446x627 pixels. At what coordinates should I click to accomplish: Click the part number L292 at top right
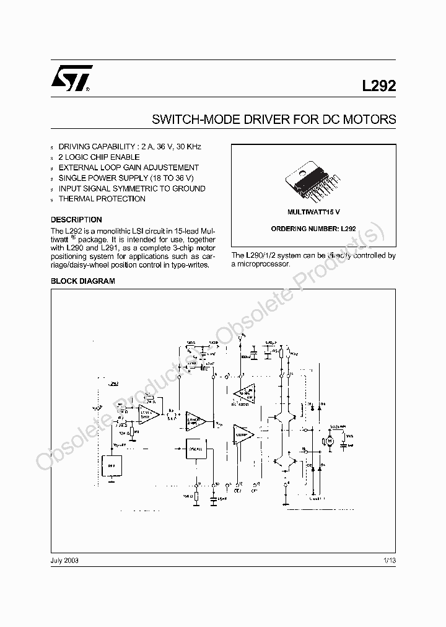[x=378, y=88]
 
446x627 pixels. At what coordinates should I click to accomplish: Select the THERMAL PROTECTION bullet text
[x=102, y=199]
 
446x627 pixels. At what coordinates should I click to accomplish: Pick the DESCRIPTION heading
[x=76, y=220]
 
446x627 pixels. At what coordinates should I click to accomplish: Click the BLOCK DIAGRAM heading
[x=83, y=281]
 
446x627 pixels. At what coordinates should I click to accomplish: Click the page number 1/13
[x=389, y=560]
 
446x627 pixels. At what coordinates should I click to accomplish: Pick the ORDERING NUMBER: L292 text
[x=313, y=229]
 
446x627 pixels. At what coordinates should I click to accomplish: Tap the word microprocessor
[x=261, y=265]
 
